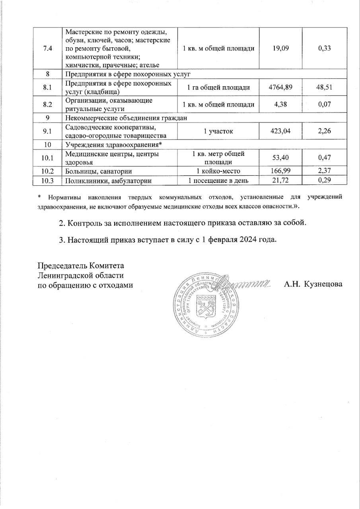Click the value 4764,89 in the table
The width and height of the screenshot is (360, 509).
click(x=280, y=87)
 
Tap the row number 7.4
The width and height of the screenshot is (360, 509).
click(x=47, y=48)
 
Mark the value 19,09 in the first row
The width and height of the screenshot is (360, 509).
click(x=280, y=48)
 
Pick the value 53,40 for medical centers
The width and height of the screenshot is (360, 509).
click(x=280, y=158)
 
